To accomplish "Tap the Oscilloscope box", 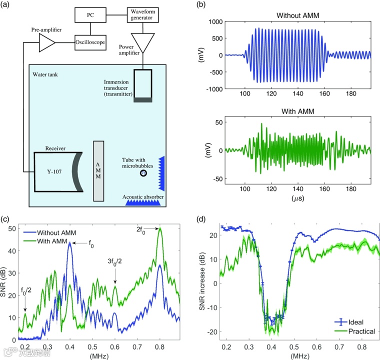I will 91,42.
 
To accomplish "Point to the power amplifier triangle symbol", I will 143,43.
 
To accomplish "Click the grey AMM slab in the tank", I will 98,170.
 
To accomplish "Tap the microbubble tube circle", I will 144,173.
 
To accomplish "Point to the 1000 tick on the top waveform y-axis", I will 213,22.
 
